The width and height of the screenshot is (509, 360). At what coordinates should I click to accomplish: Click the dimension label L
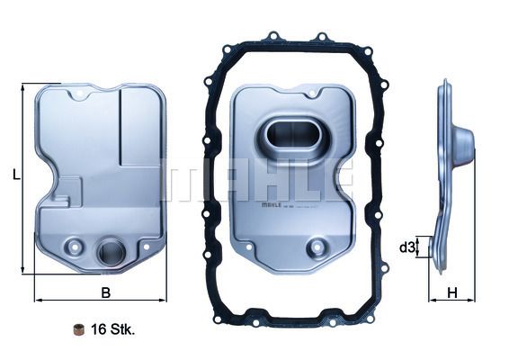tap(16, 176)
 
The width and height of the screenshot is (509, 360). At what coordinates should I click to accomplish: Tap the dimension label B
tap(105, 292)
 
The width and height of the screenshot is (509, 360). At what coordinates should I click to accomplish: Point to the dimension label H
tap(452, 292)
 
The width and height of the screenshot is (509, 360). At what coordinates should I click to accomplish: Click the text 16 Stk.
tap(112, 330)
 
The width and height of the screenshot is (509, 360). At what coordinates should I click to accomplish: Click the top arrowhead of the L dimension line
tap(22, 86)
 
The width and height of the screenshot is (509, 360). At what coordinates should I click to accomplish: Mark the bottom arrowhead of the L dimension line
tap(22, 270)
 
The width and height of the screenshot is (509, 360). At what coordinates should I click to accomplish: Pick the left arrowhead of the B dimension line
tap(37, 299)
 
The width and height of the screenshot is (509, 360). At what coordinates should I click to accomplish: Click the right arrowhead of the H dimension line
tap(473, 299)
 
